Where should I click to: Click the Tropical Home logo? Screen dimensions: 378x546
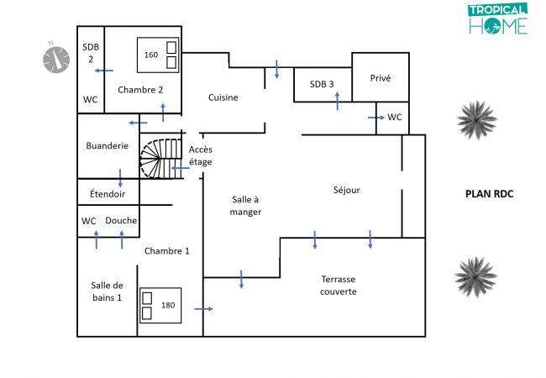(x=497, y=19)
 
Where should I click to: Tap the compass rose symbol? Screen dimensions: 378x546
(x=56, y=58)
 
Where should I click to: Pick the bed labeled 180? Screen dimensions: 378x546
(x=159, y=306)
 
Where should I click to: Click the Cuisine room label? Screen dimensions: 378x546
(x=223, y=97)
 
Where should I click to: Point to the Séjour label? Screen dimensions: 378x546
(x=346, y=190)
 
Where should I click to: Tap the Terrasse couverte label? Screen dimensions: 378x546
(x=339, y=285)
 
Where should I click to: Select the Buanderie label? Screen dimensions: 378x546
(x=108, y=145)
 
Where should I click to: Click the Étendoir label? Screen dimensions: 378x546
(x=108, y=194)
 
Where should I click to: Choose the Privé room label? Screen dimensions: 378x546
(x=381, y=78)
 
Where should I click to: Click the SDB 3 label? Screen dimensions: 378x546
(x=322, y=84)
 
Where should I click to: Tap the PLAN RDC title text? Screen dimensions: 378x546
(x=489, y=194)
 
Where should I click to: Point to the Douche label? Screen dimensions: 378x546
(x=121, y=221)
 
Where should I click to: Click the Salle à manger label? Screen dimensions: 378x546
(x=245, y=205)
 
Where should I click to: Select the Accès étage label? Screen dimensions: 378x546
(x=201, y=155)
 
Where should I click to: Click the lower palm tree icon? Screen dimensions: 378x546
(x=475, y=278)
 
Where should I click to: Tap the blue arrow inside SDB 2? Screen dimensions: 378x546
(x=103, y=71)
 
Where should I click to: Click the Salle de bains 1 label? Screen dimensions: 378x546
(x=108, y=291)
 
